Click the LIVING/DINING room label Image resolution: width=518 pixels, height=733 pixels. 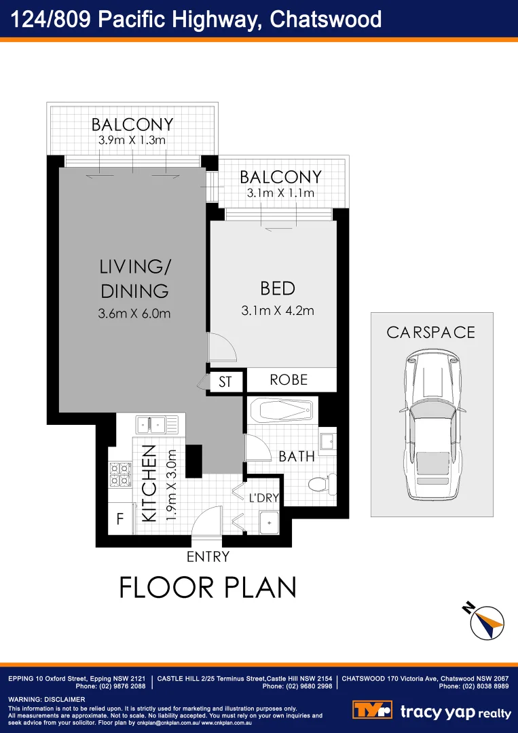pyautogui.click(x=134, y=278)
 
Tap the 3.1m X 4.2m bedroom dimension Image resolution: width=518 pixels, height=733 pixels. pyautogui.click(x=278, y=311)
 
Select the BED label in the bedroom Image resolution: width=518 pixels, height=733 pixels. pyautogui.click(x=278, y=288)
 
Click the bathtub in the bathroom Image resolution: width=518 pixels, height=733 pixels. pyautogui.click(x=282, y=411)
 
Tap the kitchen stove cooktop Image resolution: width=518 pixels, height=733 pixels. pyautogui.click(x=120, y=474)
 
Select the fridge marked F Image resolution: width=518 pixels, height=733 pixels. pyautogui.click(x=119, y=521)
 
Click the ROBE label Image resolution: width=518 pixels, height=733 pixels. pyautogui.click(x=289, y=379)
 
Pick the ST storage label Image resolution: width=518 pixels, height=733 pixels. pyautogui.click(x=225, y=382)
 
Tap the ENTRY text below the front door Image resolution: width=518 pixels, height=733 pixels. pyautogui.click(x=208, y=557)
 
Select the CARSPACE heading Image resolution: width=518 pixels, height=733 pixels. pyautogui.click(x=430, y=333)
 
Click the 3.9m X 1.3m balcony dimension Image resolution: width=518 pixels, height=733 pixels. pyautogui.click(x=133, y=140)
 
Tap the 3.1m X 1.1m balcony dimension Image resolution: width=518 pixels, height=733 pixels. pyautogui.click(x=280, y=193)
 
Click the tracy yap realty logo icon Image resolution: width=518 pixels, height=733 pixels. pyautogui.click(x=372, y=710)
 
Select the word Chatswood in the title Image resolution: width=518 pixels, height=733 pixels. pyautogui.click(x=326, y=19)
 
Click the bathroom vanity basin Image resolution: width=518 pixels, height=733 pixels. pyautogui.click(x=327, y=440)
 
